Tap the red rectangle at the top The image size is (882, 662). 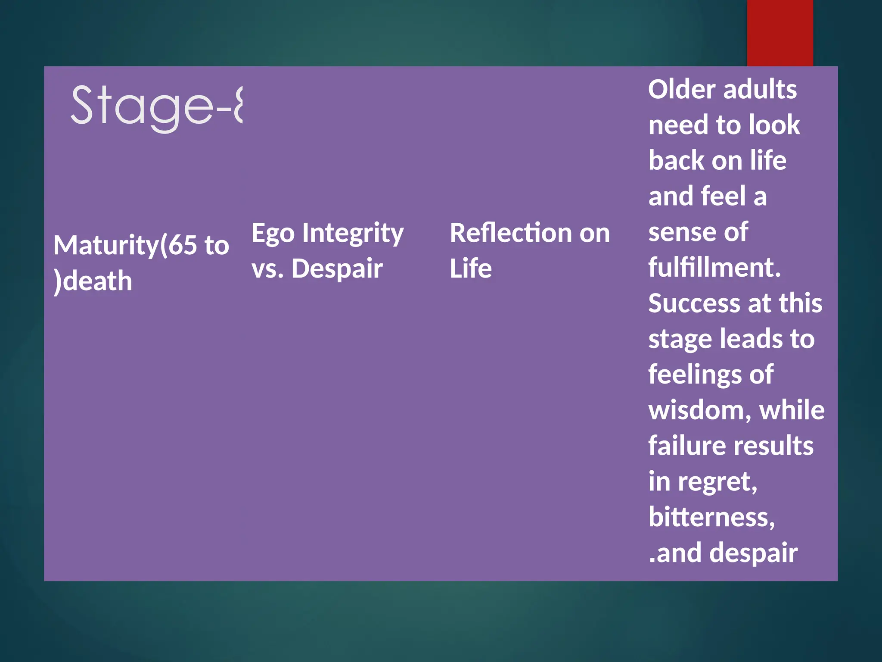780,33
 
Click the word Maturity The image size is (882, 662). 106,246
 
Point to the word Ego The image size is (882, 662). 273,234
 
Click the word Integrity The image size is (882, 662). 353,234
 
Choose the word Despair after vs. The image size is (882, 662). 337,269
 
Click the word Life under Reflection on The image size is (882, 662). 470,269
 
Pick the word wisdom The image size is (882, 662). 699,410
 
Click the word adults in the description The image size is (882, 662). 760,90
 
